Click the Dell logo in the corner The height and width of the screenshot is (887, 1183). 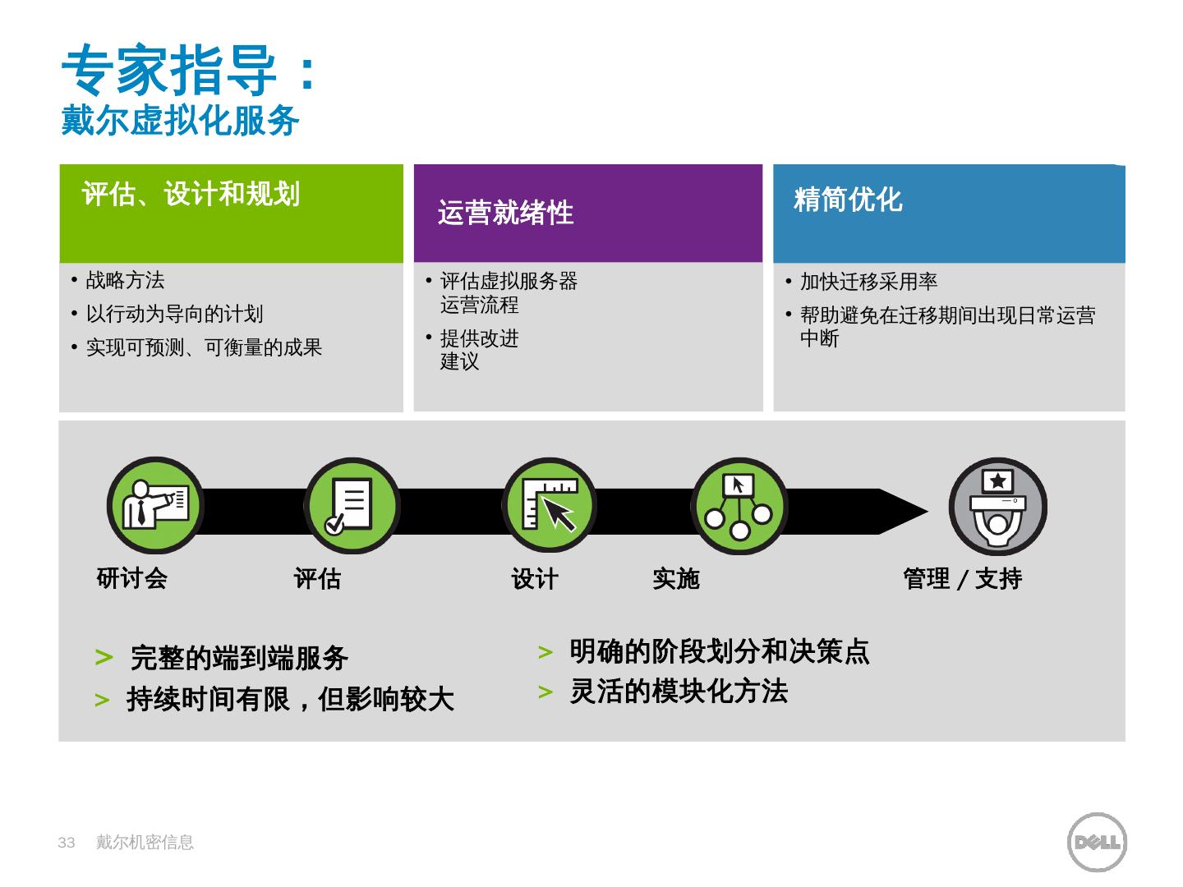coord(1096,842)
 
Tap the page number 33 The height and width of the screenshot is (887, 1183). coord(67,843)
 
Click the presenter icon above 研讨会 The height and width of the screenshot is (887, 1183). coord(155,505)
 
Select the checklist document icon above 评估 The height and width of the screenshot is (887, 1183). coord(351,505)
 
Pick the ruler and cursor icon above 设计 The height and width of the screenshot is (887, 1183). coord(549,505)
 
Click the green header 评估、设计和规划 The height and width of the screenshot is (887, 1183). coord(191,195)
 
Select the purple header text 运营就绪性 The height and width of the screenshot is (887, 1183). coord(505,213)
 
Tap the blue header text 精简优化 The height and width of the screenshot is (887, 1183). coord(848,200)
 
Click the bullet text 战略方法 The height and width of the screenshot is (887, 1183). coord(125,281)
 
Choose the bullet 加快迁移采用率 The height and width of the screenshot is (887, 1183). coord(868,283)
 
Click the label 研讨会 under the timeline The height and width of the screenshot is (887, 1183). coord(131,579)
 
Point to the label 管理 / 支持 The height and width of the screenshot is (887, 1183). coord(962,579)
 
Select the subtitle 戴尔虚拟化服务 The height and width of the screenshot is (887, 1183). coord(180,121)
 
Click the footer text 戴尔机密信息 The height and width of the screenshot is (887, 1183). coord(145,843)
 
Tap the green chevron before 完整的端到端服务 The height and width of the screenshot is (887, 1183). coord(104,658)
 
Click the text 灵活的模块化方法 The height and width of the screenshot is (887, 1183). coord(679,692)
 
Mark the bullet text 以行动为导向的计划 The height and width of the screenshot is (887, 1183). coord(174,315)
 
